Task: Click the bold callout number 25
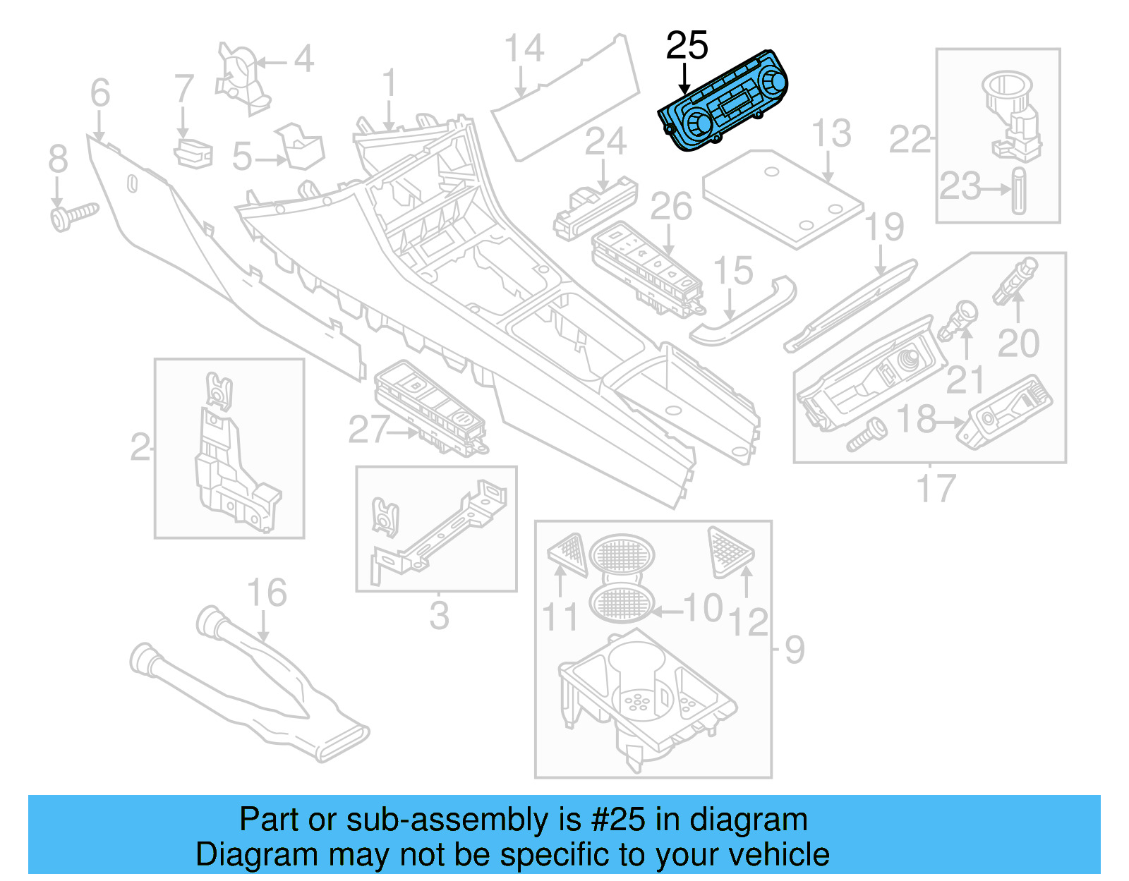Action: click(x=687, y=46)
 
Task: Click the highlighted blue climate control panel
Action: click(x=723, y=102)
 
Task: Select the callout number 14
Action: click(x=524, y=49)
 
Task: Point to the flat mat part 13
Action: click(x=783, y=200)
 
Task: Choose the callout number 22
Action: click(x=909, y=139)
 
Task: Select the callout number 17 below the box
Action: click(x=935, y=488)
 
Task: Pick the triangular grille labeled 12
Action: click(x=730, y=549)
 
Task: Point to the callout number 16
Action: click(x=267, y=593)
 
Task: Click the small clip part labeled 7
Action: click(x=193, y=153)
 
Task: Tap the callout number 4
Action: click(x=303, y=59)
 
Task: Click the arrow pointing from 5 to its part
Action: click(x=271, y=160)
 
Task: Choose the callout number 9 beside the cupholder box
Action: click(x=795, y=649)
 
